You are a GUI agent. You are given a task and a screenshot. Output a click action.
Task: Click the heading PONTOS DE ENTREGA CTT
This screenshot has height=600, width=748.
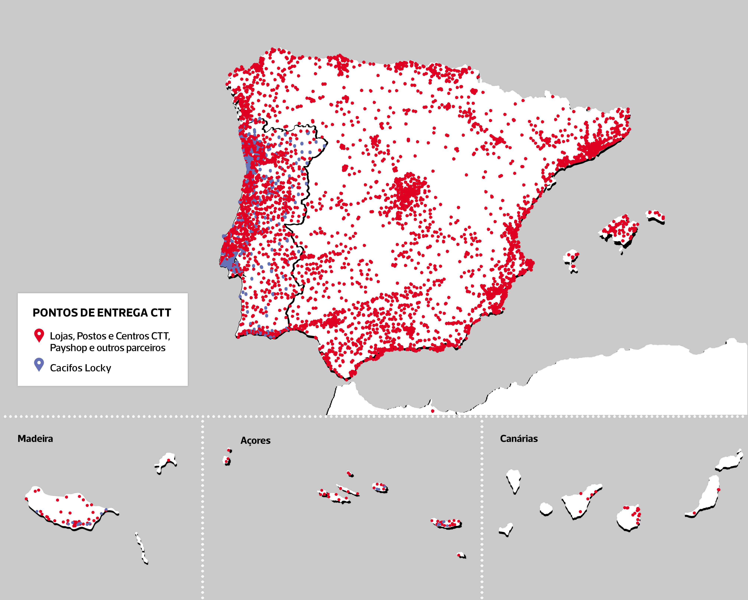coord(102,312)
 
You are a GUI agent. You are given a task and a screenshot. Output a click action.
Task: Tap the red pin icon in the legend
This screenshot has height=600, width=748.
coord(39,335)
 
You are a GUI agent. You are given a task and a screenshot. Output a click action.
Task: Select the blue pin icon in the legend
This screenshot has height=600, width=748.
coord(39,364)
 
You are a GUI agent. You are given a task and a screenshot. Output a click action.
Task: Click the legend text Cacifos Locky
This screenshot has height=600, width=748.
coord(81,368)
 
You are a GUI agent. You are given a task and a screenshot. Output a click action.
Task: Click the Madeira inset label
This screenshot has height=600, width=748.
coord(35,439)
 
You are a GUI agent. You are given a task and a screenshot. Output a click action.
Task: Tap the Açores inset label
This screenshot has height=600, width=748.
coord(255,440)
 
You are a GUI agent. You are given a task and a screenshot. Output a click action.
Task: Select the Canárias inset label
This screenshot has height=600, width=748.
coord(519,439)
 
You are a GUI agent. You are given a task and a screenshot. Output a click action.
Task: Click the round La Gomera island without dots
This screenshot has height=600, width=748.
coord(546,509)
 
